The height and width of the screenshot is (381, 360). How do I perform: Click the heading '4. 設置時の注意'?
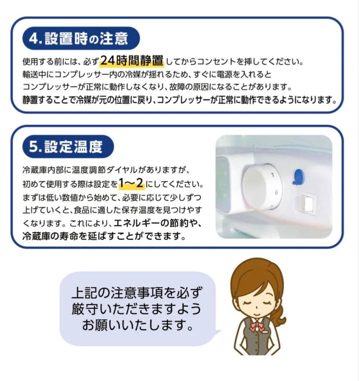click(81, 39)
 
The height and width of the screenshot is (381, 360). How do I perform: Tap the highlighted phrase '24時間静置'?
click(132, 60)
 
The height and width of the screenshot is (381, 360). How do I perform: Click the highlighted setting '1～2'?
click(131, 184)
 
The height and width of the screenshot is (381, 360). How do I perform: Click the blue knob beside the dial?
click(298, 176)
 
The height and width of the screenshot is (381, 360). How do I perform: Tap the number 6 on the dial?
click(276, 193)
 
